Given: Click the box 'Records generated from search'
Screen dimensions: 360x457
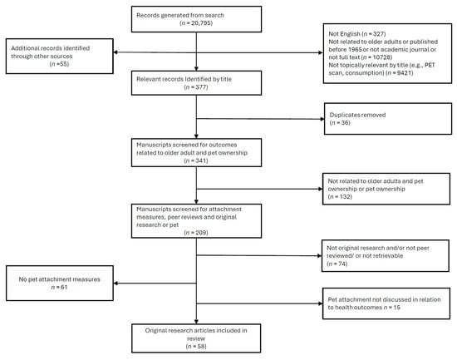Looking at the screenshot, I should tap(195, 19).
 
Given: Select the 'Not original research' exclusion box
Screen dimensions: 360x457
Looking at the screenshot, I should tap(384, 252).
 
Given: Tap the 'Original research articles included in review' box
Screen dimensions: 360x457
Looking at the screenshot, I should tap(195, 339).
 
